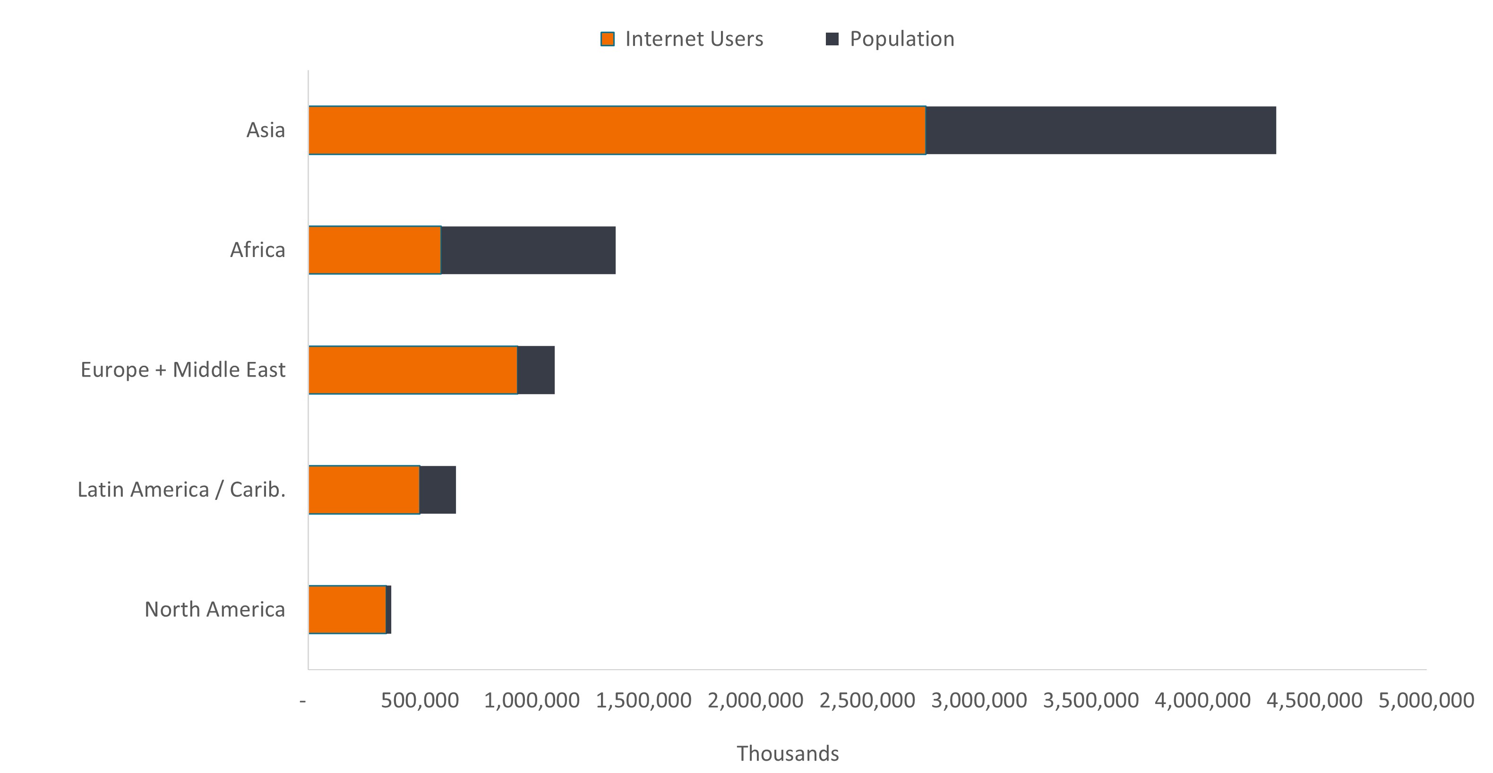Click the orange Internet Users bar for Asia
click(617, 130)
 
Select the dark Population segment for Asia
click(1100, 130)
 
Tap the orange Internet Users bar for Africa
click(374, 250)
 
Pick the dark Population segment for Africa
click(528, 250)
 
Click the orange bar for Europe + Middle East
click(412, 369)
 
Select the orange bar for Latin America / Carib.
click(364, 490)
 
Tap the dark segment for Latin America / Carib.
click(438, 490)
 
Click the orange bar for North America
click(347, 610)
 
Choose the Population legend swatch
click(832, 39)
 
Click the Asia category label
click(266, 130)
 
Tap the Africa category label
click(257, 250)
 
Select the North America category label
click(215, 610)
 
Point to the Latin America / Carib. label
click(181, 490)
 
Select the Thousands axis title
click(788, 753)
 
